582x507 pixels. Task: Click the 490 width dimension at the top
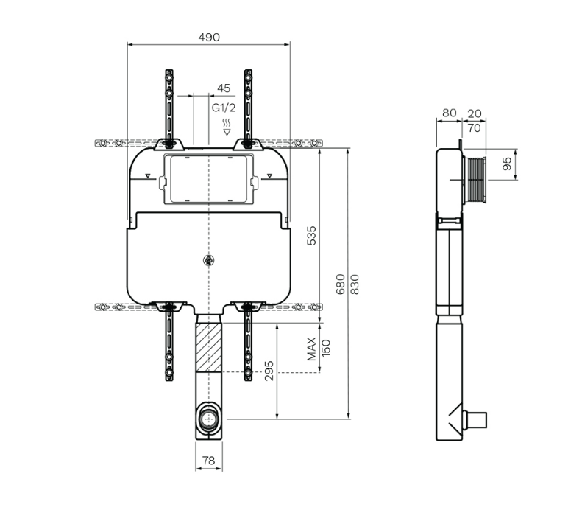(x=209, y=38)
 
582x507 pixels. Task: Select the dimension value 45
(x=224, y=88)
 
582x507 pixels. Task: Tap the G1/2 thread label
(x=224, y=108)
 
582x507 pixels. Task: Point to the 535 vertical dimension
(x=311, y=236)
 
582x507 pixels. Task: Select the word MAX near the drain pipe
(x=312, y=349)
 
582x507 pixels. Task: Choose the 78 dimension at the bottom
(x=209, y=461)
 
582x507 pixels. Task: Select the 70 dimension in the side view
(x=475, y=127)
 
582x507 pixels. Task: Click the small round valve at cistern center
(x=210, y=259)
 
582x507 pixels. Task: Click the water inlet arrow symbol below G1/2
(x=226, y=132)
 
